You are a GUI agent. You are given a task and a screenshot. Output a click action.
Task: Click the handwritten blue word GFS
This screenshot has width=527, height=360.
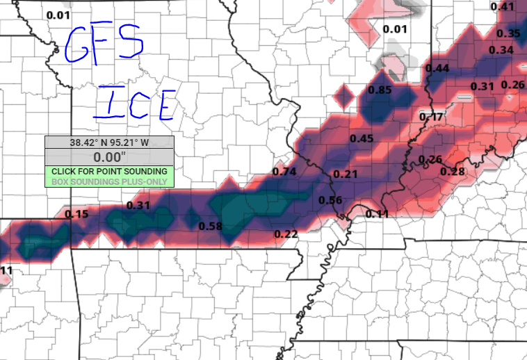pos(104,43)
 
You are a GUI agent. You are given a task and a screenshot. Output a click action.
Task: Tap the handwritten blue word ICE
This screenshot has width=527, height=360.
pos(133,104)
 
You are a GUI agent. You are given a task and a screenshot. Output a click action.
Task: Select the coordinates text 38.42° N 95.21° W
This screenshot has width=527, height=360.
pos(109,142)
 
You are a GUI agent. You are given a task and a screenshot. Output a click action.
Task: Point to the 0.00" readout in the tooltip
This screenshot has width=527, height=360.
pos(109,157)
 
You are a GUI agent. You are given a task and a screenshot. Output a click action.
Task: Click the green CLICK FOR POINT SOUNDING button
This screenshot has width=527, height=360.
pos(109,171)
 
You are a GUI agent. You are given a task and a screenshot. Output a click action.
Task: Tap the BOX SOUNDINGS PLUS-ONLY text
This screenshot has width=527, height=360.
pos(109,181)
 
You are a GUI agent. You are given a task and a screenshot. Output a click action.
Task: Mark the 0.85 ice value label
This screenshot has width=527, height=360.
pos(380,90)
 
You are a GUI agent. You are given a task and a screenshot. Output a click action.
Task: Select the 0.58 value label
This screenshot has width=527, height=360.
pos(210,227)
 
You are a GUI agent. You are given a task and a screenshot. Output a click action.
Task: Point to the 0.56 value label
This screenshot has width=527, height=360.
pos(330,201)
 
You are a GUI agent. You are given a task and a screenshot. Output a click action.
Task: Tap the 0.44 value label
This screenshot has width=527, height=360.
pos(437,67)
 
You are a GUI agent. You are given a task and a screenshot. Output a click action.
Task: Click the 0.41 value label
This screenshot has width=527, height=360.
pos(503,7)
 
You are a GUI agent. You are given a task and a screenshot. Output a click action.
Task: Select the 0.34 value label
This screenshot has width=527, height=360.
pos(501,49)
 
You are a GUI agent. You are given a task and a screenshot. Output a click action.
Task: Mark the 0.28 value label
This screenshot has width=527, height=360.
pos(453,172)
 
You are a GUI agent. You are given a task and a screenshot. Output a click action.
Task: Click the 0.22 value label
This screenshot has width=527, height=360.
pos(286,234)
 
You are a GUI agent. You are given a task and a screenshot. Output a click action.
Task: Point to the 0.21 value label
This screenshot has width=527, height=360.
pos(346,174)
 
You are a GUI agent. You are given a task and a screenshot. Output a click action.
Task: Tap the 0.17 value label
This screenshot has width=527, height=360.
pos(432,117)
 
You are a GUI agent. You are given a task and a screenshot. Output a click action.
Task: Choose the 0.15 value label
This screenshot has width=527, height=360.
pos(76,214)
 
